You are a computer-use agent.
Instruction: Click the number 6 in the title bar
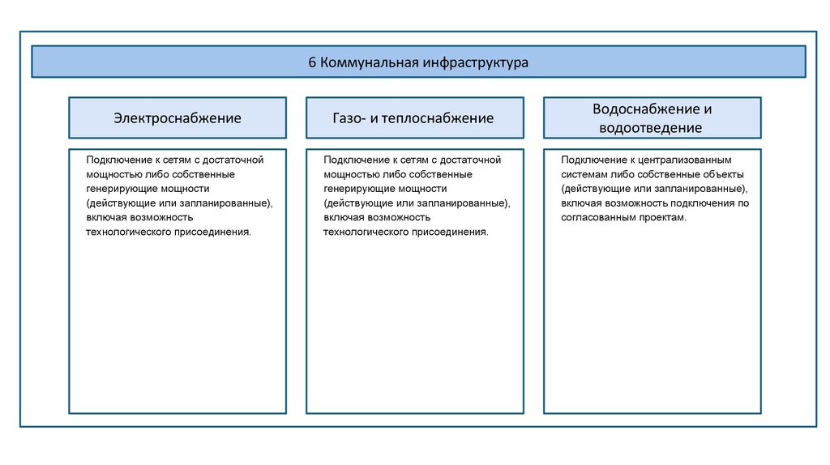(312, 62)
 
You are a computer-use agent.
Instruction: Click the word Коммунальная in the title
(358, 62)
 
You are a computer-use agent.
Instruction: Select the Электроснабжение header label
(178, 118)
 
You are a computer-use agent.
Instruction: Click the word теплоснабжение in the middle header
(443, 118)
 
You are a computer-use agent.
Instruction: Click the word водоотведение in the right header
(651, 128)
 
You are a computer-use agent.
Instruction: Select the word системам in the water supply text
(585, 174)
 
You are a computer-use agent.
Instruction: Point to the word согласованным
(599, 218)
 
